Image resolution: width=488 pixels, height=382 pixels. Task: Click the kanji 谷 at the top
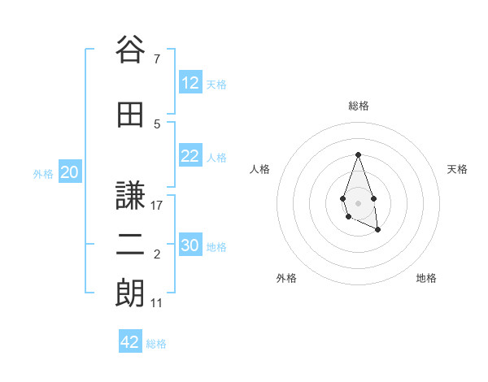tap(130, 50)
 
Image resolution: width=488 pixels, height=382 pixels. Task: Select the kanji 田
tap(130, 115)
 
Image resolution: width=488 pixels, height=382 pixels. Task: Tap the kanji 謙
tap(130, 195)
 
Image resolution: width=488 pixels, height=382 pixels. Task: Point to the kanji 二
tap(130, 245)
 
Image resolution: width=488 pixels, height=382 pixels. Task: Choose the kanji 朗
tap(130, 293)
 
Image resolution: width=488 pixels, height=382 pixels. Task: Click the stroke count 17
tap(157, 206)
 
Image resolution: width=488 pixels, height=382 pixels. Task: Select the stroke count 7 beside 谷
tap(157, 59)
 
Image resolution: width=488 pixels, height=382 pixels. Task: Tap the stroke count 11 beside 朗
tap(157, 303)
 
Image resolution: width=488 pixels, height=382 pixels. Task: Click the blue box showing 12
tap(190, 83)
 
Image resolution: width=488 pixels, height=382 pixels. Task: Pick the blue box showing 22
tap(190, 156)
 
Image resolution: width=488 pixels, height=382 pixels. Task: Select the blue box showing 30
tap(190, 245)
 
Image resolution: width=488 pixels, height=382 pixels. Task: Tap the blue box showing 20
tap(70, 172)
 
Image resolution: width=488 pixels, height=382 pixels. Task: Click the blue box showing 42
tap(130, 342)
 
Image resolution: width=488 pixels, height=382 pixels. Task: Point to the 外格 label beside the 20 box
tap(43, 173)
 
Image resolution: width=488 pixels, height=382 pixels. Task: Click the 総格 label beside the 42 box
tap(156, 344)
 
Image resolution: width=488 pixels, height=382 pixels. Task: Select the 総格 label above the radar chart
tap(358, 106)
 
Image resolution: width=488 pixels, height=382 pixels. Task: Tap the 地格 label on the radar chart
tap(426, 278)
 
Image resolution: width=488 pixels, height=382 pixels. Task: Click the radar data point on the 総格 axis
tap(358, 154)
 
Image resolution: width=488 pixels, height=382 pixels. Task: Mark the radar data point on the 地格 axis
tap(378, 230)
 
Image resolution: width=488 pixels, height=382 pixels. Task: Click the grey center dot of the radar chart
tap(358, 202)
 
